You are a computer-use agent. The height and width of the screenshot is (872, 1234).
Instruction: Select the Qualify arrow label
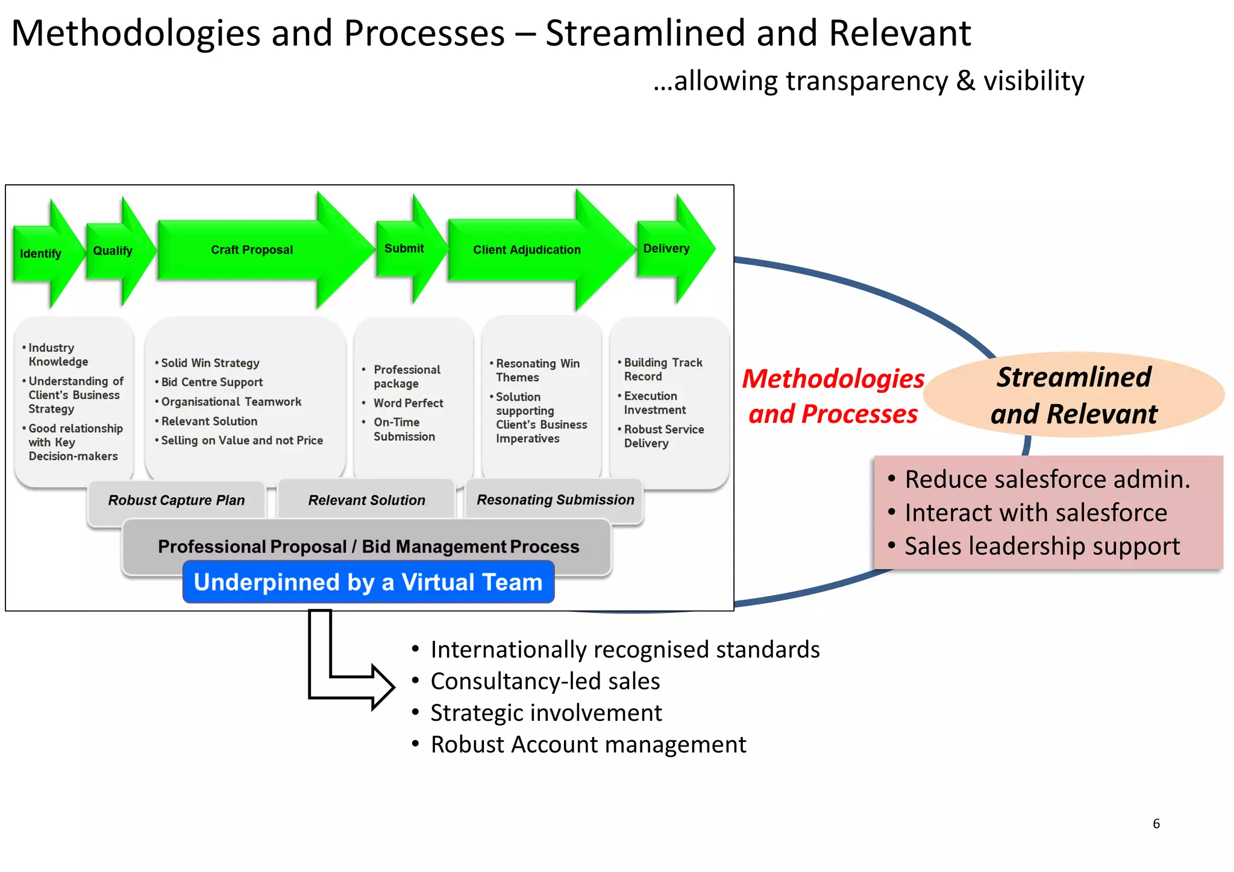[113, 251]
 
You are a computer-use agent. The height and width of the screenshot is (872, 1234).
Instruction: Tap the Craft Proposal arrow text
[252, 249]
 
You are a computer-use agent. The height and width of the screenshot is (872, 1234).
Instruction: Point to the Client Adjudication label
[527, 249]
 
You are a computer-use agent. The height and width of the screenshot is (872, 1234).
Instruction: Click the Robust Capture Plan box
[176, 500]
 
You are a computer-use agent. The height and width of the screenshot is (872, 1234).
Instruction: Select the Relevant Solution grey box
[366, 500]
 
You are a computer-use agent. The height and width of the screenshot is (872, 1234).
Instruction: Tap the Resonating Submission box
[555, 499]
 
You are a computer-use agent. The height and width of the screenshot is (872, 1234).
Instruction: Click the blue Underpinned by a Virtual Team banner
[368, 582]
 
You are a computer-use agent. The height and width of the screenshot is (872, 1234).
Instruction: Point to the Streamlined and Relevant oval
[1074, 395]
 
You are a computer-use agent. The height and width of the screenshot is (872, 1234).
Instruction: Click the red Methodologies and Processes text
[833, 396]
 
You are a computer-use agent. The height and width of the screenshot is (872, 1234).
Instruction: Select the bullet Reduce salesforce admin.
[1047, 479]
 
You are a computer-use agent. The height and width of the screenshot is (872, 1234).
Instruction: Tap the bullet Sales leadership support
[1042, 546]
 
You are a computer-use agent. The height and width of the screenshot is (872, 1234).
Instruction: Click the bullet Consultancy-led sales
[545, 681]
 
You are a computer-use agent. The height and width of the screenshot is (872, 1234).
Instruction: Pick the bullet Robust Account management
[588, 744]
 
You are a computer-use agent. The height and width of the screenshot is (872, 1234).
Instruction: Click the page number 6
[1156, 824]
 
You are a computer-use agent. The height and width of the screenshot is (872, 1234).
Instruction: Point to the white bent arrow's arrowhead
[382, 687]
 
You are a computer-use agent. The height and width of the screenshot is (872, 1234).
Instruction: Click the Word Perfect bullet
[408, 403]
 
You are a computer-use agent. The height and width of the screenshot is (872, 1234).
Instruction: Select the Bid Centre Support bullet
[211, 382]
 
